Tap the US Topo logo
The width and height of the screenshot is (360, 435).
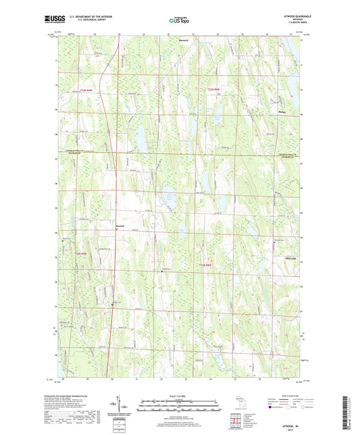[x=179, y=21]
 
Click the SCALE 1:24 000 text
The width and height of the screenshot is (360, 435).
[x=180, y=395]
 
